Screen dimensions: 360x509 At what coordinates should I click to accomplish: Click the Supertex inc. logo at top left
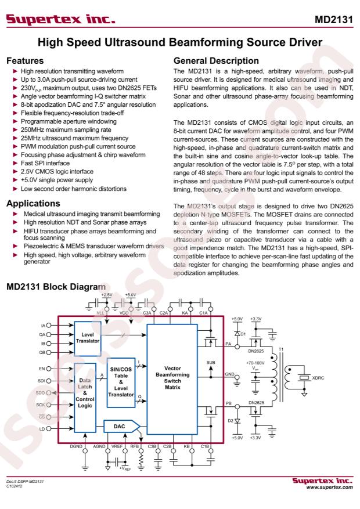[x=61, y=19]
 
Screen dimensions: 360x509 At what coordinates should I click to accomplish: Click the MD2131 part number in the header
[x=334, y=20]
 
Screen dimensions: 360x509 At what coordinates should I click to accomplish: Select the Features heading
[x=25, y=61]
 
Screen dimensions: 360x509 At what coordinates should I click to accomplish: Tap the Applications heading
[x=34, y=203]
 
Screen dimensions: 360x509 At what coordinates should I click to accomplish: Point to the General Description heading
[x=216, y=61]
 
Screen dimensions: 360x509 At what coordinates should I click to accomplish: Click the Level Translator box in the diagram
[x=88, y=338]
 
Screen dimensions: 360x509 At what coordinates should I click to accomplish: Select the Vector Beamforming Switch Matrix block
[x=172, y=379]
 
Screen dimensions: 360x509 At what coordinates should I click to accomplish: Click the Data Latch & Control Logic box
[x=85, y=398]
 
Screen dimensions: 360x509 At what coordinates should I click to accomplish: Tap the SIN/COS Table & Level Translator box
[x=121, y=382]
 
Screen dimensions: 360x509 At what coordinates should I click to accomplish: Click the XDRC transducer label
[x=318, y=378]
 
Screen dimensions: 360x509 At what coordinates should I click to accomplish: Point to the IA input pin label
[x=43, y=325]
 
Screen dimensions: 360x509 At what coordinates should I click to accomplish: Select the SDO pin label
[x=40, y=393]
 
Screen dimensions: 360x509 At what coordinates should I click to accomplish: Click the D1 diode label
[x=243, y=334]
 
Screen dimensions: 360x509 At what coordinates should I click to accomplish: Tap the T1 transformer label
[x=281, y=349]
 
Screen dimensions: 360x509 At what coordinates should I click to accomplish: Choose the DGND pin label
[x=76, y=446]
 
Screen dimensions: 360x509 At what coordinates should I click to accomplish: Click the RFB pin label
[x=134, y=446]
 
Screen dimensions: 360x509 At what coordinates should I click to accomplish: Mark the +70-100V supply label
[x=255, y=363]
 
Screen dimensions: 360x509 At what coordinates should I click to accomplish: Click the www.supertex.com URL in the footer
[x=329, y=487]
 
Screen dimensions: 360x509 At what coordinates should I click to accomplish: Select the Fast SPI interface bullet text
[x=45, y=163]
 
